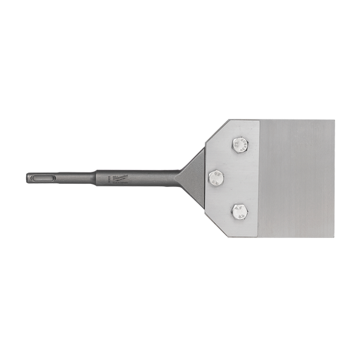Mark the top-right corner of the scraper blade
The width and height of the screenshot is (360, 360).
point(335,118)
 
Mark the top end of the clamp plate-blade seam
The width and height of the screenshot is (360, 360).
point(260,118)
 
